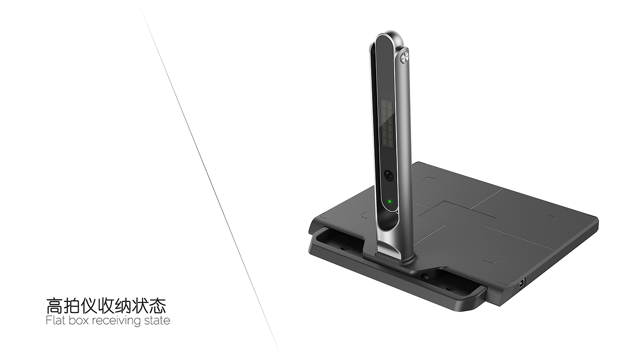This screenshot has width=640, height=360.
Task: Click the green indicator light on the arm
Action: click(x=389, y=201)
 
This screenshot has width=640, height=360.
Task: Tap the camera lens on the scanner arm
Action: click(x=389, y=175)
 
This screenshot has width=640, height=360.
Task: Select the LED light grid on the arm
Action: click(x=386, y=125)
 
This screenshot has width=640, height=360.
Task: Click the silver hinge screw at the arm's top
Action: click(x=404, y=59)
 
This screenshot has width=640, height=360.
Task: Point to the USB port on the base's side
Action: click(x=522, y=283)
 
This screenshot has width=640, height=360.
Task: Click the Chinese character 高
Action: click(x=54, y=306)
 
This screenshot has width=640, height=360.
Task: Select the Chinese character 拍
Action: click(x=71, y=306)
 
